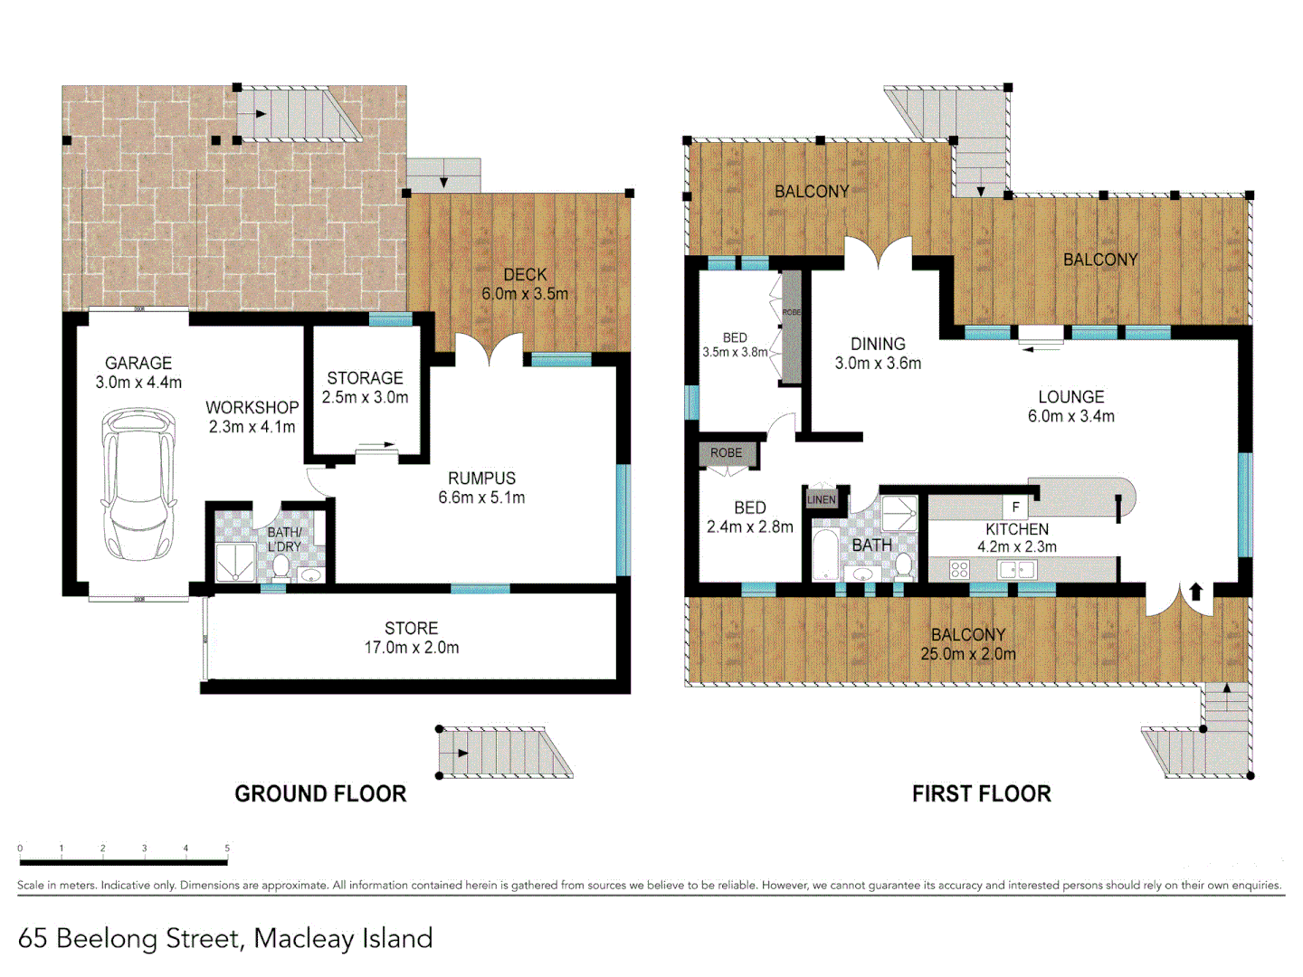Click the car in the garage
click(x=138, y=483)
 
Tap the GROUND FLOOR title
click(x=320, y=793)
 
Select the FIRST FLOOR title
click(x=981, y=793)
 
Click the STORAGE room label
click(x=365, y=378)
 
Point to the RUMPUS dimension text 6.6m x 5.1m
click(x=481, y=498)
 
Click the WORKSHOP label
click(x=252, y=408)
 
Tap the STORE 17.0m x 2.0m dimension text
click(x=411, y=648)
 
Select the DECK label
click(x=525, y=274)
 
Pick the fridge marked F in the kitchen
click(x=1015, y=507)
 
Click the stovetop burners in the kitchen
click(x=959, y=569)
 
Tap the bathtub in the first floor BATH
click(x=825, y=554)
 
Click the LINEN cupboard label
click(x=821, y=499)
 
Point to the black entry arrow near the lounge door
click(x=1195, y=592)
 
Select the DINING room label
click(x=877, y=344)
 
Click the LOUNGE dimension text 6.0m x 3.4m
click(x=1070, y=416)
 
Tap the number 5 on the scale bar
click(x=227, y=849)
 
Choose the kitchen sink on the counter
click(x=1015, y=570)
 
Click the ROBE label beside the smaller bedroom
click(x=726, y=452)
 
